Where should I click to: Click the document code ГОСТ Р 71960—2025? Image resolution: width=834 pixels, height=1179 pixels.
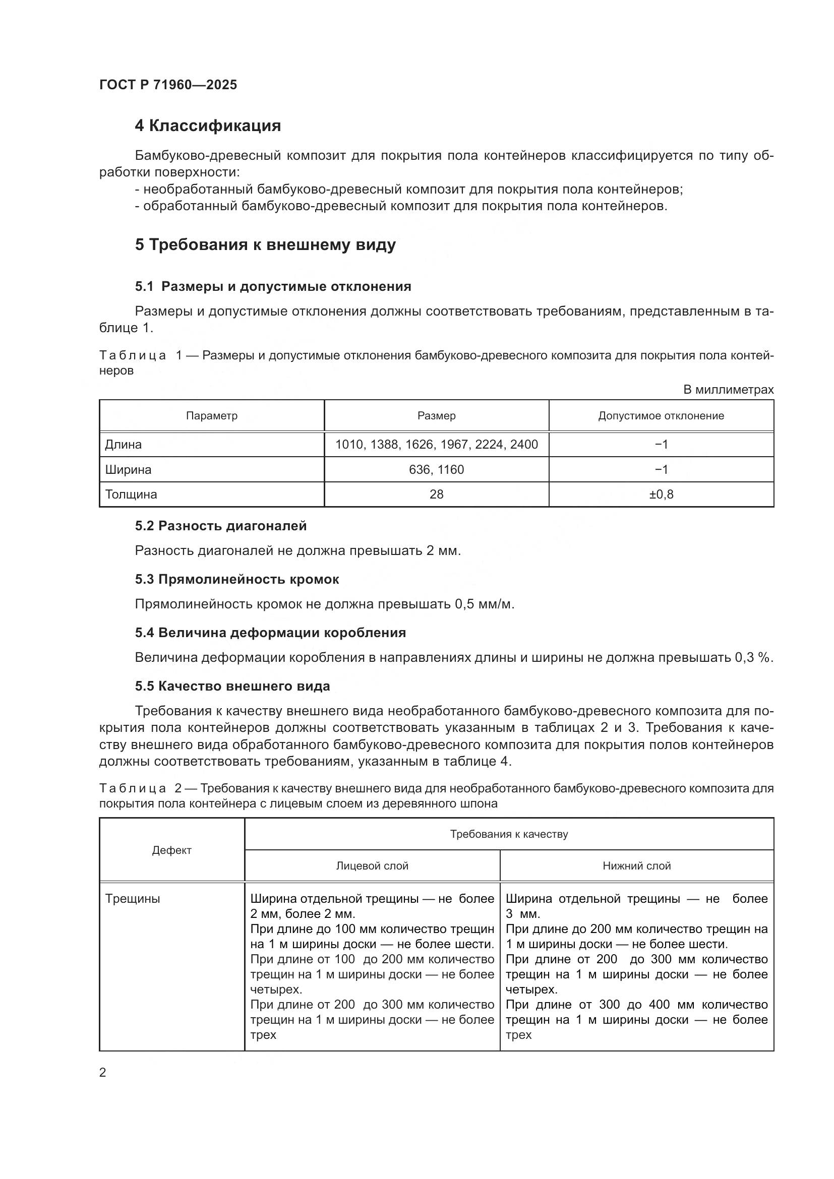click(x=168, y=85)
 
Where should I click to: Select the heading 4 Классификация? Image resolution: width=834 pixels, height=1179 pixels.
click(x=207, y=126)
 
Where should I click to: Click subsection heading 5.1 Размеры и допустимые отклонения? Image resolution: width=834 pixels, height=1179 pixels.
click(x=273, y=286)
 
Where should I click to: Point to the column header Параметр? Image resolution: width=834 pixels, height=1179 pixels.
click(x=212, y=416)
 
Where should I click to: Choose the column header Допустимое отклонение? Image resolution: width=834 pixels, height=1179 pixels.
click(x=661, y=416)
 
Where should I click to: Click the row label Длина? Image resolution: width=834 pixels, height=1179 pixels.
click(x=123, y=445)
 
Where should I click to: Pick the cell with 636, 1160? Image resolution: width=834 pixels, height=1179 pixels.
click(x=436, y=470)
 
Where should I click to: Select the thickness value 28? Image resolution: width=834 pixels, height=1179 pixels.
click(x=436, y=494)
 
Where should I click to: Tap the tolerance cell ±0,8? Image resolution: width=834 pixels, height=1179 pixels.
click(x=661, y=494)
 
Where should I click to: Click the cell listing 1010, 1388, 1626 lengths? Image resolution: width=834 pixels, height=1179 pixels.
click(x=436, y=445)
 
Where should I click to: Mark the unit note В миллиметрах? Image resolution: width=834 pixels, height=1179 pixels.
click(x=728, y=390)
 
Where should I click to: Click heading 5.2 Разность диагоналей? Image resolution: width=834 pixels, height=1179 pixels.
click(x=220, y=526)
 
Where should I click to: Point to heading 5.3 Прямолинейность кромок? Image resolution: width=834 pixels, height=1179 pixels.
click(x=237, y=579)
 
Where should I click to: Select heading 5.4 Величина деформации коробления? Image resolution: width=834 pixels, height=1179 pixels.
click(x=270, y=633)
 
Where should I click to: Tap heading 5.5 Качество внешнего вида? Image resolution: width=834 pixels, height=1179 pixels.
click(x=232, y=686)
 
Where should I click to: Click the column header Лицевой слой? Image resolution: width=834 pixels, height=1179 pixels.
click(x=372, y=866)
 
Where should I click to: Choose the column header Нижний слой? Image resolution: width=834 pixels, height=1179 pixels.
click(x=636, y=866)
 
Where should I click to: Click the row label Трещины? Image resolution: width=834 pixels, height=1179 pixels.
click(x=133, y=899)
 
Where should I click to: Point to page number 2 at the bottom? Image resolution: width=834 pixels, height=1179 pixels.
click(x=103, y=1073)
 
